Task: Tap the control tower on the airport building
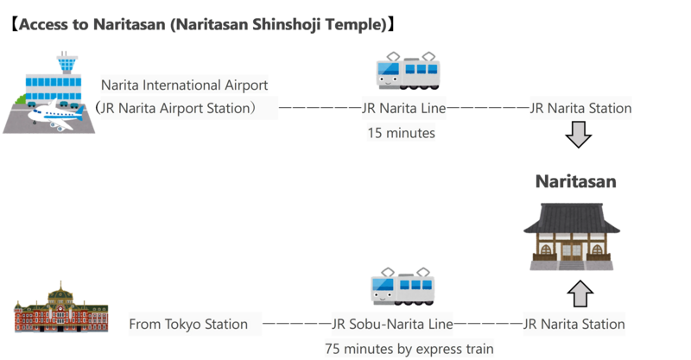coord(65,62)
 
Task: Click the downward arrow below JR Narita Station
coord(580,136)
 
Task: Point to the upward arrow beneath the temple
coord(580,294)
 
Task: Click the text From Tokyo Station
coord(188,325)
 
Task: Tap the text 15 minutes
coord(401,133)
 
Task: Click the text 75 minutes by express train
coord(409,349)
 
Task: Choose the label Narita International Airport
coord(185,85)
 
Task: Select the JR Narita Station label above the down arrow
coord(579,109)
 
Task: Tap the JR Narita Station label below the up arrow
coord(574,325)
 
